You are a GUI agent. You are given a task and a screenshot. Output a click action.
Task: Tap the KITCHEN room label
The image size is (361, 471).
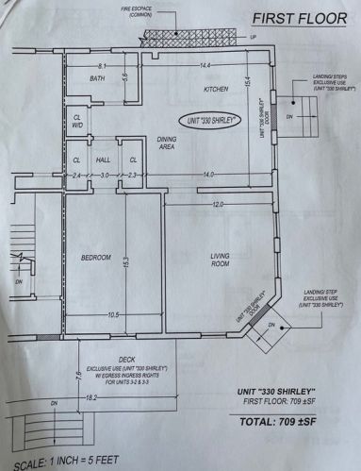click(x=217, y=90)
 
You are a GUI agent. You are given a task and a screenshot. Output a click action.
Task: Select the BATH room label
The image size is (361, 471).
click(x=97, y=79)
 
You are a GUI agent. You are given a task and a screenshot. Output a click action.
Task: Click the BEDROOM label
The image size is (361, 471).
click(x=96, y=258)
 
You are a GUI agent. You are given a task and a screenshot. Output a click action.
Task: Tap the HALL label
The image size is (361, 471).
click(x=104, y=160)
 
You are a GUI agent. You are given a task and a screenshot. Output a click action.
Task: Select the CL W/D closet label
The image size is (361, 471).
click(x=76, y=121)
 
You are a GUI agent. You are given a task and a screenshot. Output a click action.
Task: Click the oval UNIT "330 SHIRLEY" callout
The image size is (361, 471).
click(x=211, y=122)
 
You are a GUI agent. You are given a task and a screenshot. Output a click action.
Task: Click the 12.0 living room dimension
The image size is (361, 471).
click(x=218, y=205)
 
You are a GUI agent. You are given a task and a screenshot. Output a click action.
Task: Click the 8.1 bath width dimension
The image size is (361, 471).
click(x=102, y=64)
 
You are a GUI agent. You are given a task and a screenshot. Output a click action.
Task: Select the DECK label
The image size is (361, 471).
click(x=126, y=359)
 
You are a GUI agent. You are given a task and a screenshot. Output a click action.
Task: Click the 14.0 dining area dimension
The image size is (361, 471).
click(x=207, y=176)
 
